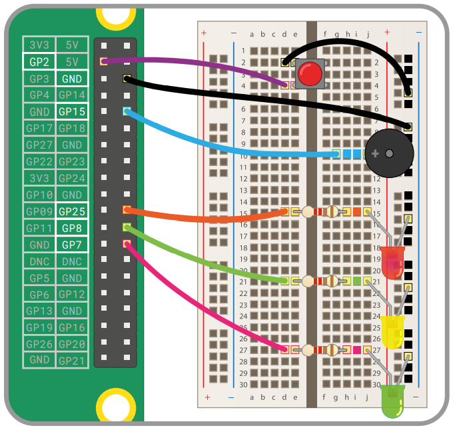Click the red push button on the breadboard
point(308,73)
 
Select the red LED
point(392,262)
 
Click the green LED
point(392,401)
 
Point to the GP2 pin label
point(39,62)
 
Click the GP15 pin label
point(72,112)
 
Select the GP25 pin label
point(72,211)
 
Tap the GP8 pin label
point(72,228)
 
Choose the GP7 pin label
point(72,245)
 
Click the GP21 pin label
point(72,361)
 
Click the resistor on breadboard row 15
point(320,212)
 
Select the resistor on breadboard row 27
point(320,349)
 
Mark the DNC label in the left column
point(39,261)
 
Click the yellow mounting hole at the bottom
point(116,405)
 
